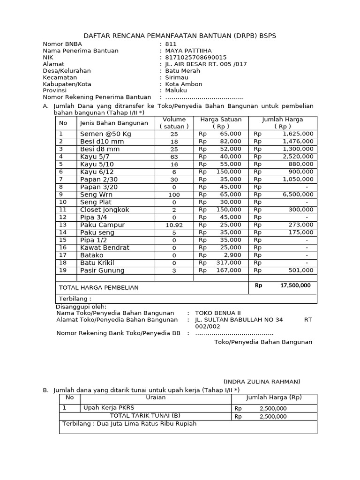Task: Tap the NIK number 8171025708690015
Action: (193, 57)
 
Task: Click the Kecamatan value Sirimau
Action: (176, 77)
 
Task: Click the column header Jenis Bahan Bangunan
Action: (114, 123)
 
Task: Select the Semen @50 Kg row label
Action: (105, 134)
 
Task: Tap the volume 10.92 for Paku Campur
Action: (174, 225)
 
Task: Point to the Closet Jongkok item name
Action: (105, 210)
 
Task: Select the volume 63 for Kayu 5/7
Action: (174, 157)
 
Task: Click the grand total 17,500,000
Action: (295, 285)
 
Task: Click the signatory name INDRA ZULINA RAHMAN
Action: (262, 382)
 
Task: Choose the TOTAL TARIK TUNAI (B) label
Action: (145, 416)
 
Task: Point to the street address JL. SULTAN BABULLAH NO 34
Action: (239, 320)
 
